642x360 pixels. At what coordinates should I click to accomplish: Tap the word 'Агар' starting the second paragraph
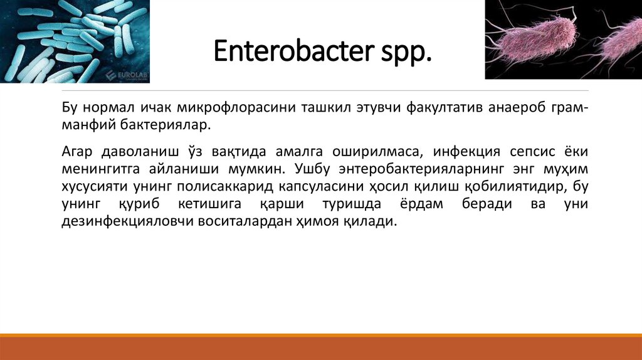point(78,152)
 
